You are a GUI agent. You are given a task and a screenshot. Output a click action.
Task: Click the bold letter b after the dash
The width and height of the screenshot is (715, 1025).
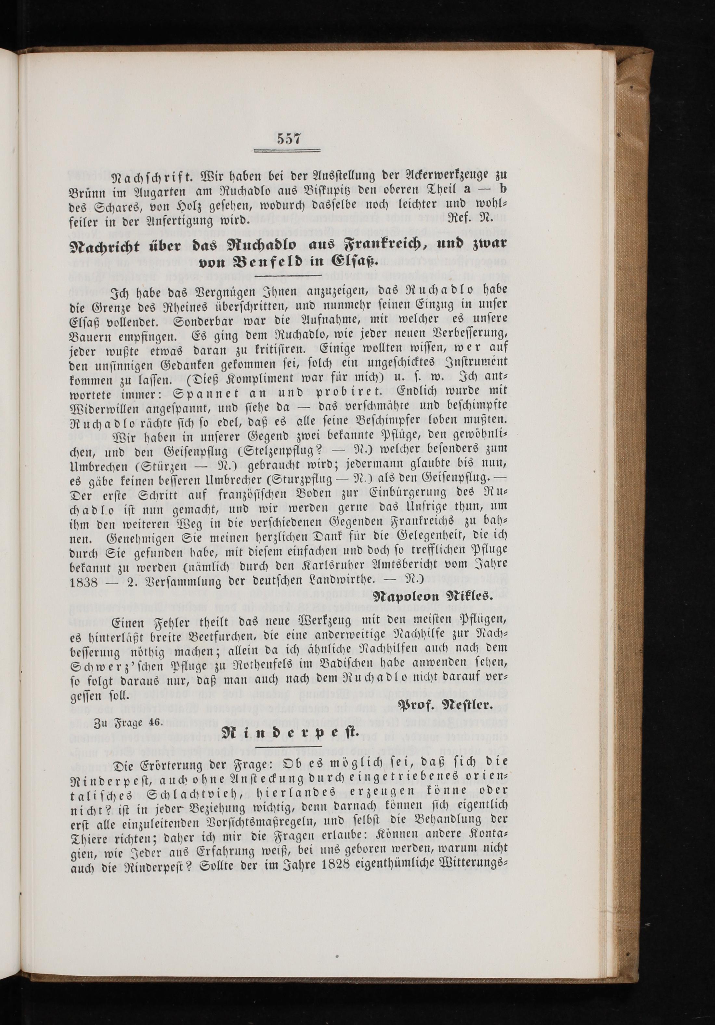(503, 189)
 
